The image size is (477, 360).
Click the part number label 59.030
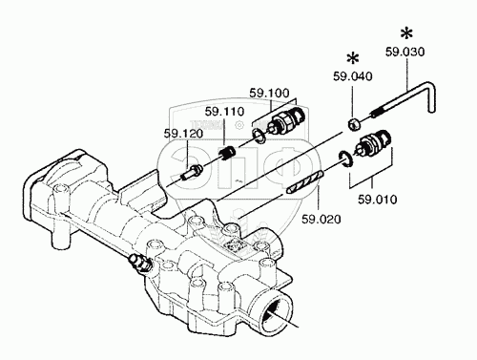pyautogui.click(x=405, y=52)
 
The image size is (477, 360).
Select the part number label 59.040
pyautogui.click(x=353, y=76)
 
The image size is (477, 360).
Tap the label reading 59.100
pyautogui.click(x=269, y=93)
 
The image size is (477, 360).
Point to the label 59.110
pyautogui.click(x=224, y=112)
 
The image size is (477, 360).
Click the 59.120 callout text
pyautogui.click(x=183, y=134)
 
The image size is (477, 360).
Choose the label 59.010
pyautogui.click(x=378, y=200)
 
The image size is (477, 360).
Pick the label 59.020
pyautogui.click(x=321, y=219)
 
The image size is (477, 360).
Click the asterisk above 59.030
pyautogui.click(x=406, y=33)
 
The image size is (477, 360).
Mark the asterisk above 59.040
pyautogui.click(x=353, y=58)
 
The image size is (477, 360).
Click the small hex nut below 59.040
pyautogui.click(x=353, y=124)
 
